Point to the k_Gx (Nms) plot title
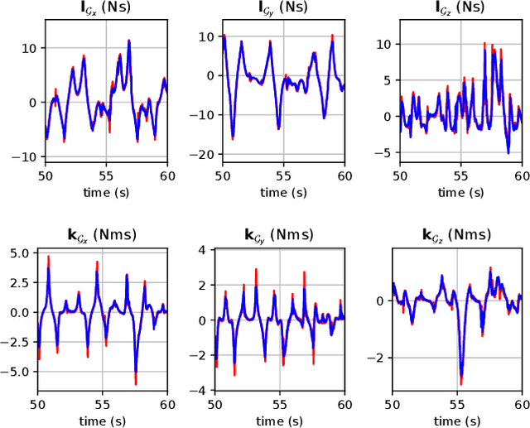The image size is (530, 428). point(106,235)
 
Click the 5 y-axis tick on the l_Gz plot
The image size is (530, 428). point(386,82)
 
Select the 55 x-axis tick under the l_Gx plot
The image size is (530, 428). point(106,176)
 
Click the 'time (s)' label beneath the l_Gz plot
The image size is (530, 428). point(460,192)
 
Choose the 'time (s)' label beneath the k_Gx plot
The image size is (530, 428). point(106,420)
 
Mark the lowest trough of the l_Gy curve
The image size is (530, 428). point(233,137)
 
